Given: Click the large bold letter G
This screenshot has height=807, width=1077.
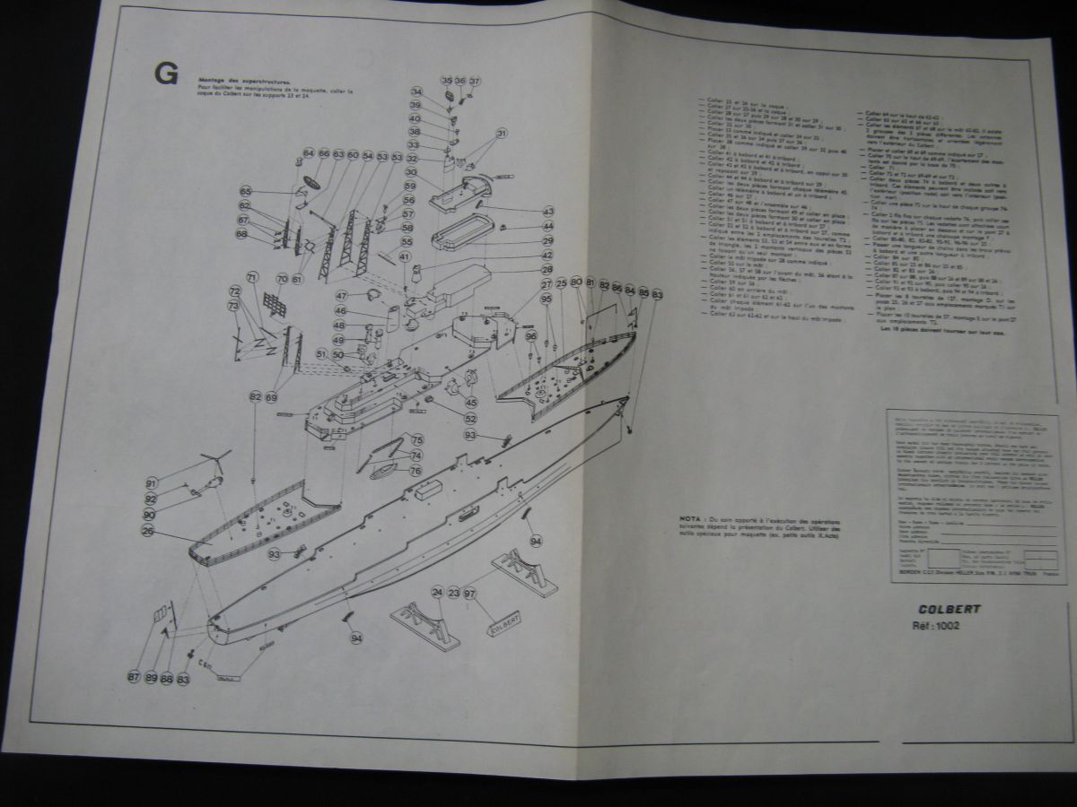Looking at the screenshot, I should (x=166, y=75).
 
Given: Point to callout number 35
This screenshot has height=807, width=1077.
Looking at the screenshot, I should (x=446, y=81).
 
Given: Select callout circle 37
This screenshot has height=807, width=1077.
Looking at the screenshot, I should (x=475, y=81).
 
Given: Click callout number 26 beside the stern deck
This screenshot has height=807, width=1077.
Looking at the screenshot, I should (x=148, y=530).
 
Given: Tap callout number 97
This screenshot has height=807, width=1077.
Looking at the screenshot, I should (x=469, y=594).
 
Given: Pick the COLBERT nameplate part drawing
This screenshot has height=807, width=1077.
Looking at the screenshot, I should (x=504, y=622).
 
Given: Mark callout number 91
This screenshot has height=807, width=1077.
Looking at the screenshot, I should (x=152, y=482).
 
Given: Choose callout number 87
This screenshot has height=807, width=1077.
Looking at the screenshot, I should (x=134, y=677).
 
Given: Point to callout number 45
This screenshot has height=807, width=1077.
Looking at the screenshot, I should (x=471, y=403).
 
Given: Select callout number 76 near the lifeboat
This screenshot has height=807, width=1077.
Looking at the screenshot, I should (x=416, y=470).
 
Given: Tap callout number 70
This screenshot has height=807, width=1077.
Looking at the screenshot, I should (x=282, y=279).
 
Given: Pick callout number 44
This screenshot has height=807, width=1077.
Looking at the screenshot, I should (x=547, y=226).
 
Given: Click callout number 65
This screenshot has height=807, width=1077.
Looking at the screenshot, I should (x=244, y=191).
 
